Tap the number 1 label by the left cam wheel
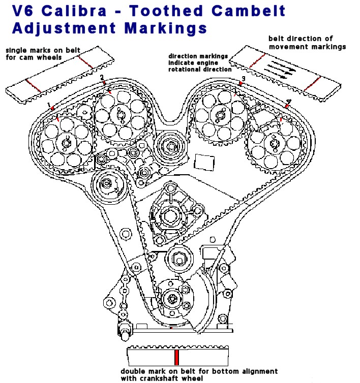click(x=50, y=106)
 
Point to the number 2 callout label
click(x=102, y=77)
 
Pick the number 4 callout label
click(x=288, y=102)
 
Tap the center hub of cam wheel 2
click(x=121, y=115)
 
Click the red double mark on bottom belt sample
click(x=176, y=357)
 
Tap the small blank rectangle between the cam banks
click(x=204, y=162)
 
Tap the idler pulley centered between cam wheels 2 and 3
click(x=169, y=146)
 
